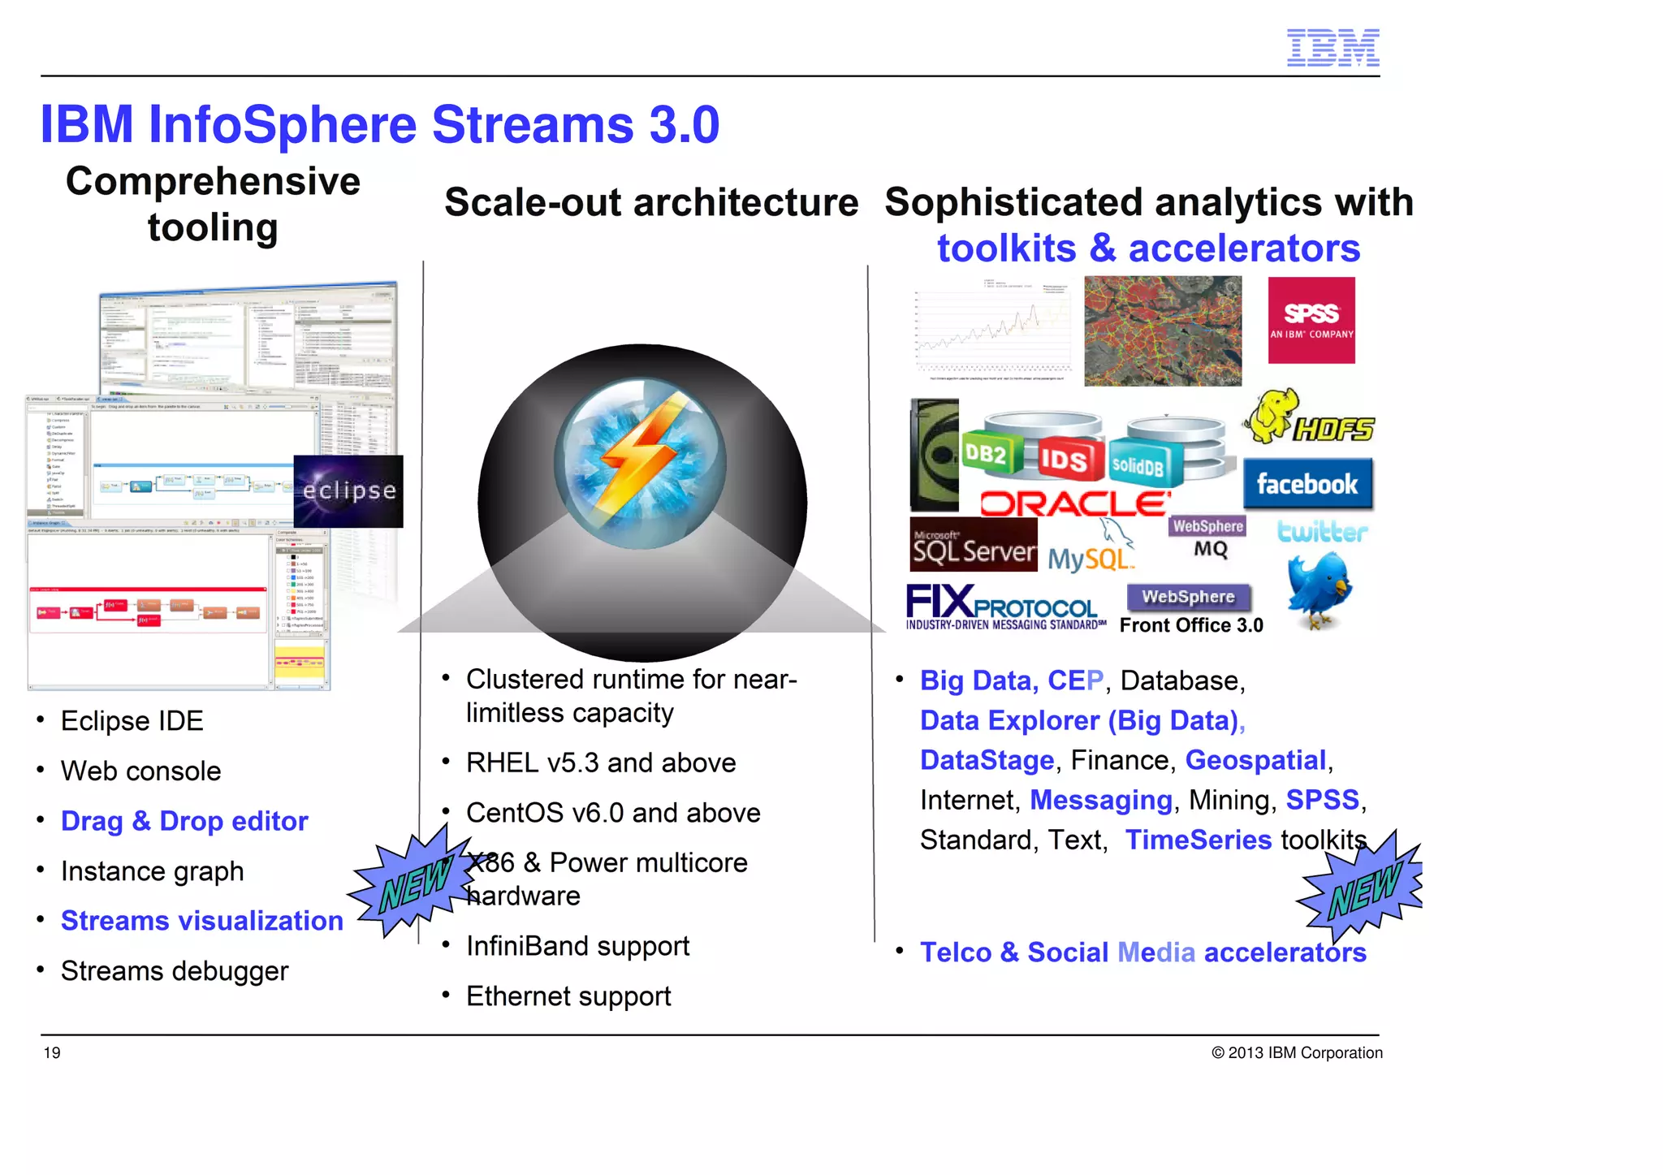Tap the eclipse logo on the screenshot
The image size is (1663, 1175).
[348, 490]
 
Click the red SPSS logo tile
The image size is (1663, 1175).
[1311, 320]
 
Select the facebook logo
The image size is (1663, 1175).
[1307, 484]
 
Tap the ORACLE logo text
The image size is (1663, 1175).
[1075, 503]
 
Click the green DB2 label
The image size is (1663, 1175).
[984, 454]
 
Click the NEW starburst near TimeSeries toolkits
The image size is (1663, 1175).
[1363, 889]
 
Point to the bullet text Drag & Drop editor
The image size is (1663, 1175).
[184, 821]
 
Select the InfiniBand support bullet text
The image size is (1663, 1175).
[577, 946]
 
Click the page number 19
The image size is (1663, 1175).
[52, 1053]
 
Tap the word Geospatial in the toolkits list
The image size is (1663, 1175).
[1255, 760]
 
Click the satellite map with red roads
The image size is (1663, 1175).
[1162, 330]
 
